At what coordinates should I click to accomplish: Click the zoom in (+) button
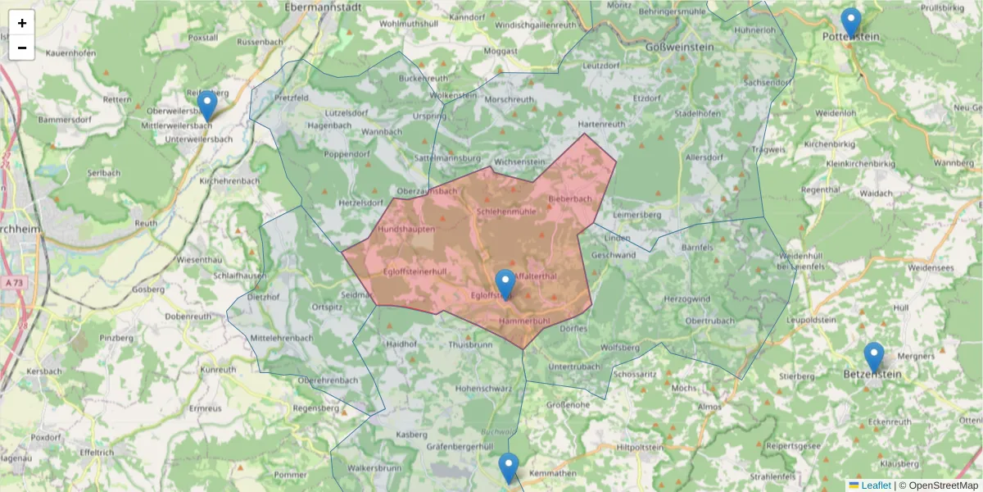(22, 23)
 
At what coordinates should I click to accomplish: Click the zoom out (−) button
(22, 48)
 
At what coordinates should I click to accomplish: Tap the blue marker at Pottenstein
(851, 23)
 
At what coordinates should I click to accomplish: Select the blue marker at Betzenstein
(874, 358)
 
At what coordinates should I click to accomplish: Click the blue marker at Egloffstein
(505, 285)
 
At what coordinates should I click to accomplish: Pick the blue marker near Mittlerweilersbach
(207, 106)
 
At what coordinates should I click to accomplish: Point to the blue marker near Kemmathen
(509, 468)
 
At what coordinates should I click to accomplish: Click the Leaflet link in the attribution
(876, 485)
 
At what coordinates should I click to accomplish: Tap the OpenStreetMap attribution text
(943, 485)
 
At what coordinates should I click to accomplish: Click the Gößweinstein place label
(680, 48)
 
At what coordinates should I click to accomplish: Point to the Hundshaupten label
(407, 230)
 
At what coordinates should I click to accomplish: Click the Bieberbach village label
(570, 199)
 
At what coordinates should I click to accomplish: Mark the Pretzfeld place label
(292, 98)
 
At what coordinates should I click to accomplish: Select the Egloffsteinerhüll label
(415, 271)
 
